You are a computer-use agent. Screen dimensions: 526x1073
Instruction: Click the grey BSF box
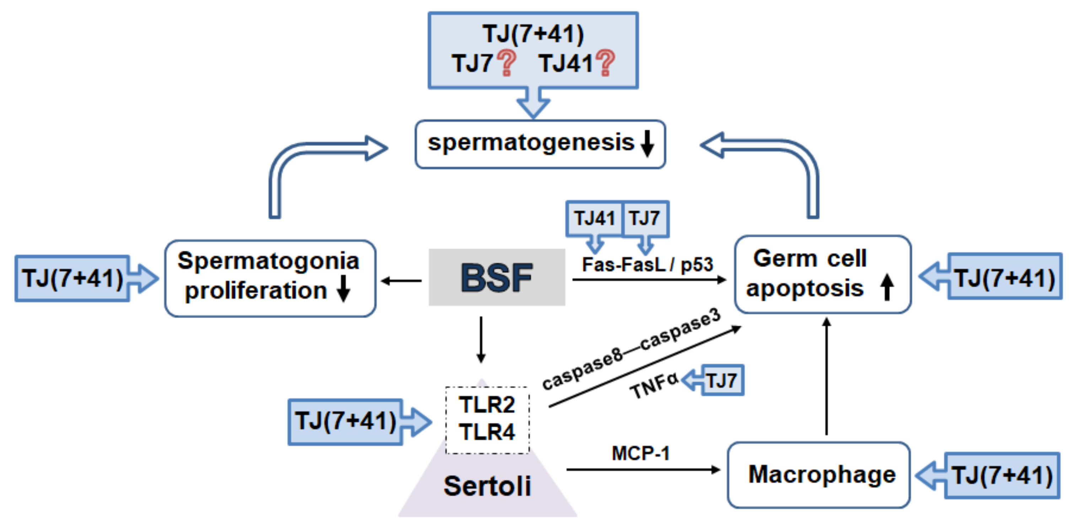tap(496, 277)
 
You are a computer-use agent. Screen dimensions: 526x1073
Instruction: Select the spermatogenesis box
tap(540, 144)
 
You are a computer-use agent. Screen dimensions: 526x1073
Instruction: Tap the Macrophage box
tap(819, 475)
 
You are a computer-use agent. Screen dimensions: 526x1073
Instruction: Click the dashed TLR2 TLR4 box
tap(487, 419)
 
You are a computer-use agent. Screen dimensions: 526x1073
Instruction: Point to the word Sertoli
tap(487, 486)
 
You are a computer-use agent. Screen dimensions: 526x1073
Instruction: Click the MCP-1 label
tap(640, 453)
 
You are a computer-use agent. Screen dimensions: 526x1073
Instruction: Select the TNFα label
tap(654, 386)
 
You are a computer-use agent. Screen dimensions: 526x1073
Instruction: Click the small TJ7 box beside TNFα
tap(722, 380)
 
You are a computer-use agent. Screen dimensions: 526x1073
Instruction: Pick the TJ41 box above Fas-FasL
tap(594, 219)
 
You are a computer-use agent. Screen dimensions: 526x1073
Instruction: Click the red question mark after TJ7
tap(507, 63)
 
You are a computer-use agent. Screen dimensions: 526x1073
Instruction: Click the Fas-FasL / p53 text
tap(647, 264)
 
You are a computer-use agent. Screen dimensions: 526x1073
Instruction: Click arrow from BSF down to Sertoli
tap(481, 339)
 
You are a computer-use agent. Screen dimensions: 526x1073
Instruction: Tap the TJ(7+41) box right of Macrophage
tap(1002, 475)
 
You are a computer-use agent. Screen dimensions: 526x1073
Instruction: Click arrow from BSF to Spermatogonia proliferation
tap(401, 281)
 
